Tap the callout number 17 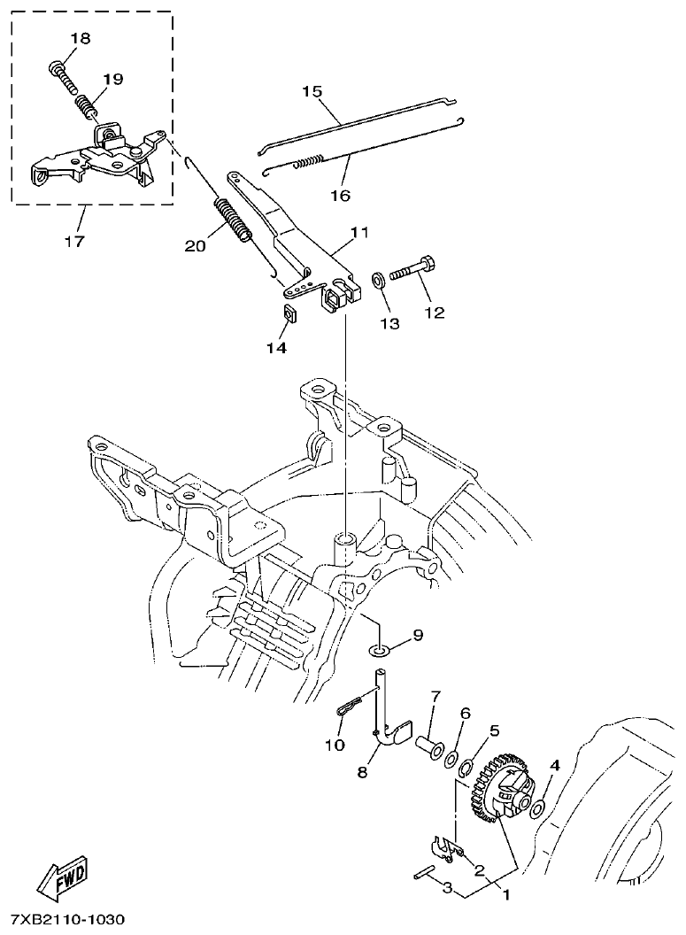(x=75, y=240)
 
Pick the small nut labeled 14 (x=289, y=313)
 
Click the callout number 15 (x=312, y=92)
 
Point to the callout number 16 (x=340, y=195)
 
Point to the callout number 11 (x=358, y=233)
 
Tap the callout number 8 (x=362, y=773)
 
